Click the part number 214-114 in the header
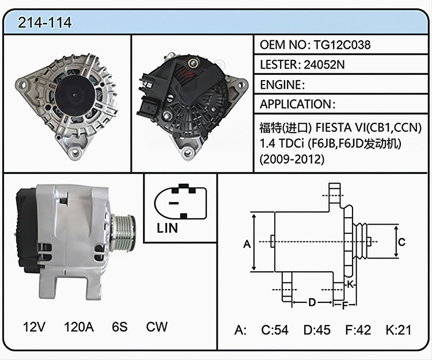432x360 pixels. (44, 22)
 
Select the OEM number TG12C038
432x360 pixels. (342, 44)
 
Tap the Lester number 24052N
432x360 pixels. (324, 65)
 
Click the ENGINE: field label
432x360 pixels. (282, 85)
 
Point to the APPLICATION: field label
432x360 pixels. (298, 104)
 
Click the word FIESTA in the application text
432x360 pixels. (334, 127)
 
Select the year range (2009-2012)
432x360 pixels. (292, 159)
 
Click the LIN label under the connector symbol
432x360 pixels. (167, 228)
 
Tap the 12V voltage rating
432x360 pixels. (34, 327)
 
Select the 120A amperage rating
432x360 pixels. (79, 327)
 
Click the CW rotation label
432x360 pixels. (157, 327)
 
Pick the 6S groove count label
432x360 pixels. (120, 327)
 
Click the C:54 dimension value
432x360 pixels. (275, 329)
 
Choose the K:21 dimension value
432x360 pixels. (399, 329)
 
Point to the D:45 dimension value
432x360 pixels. (317, 329)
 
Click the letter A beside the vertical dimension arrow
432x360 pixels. (247, 244)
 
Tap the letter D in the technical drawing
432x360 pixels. (312, 302)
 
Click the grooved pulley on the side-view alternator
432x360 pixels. (123, 233)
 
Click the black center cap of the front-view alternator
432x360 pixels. (75, 95)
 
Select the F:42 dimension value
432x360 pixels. (358, 329)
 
